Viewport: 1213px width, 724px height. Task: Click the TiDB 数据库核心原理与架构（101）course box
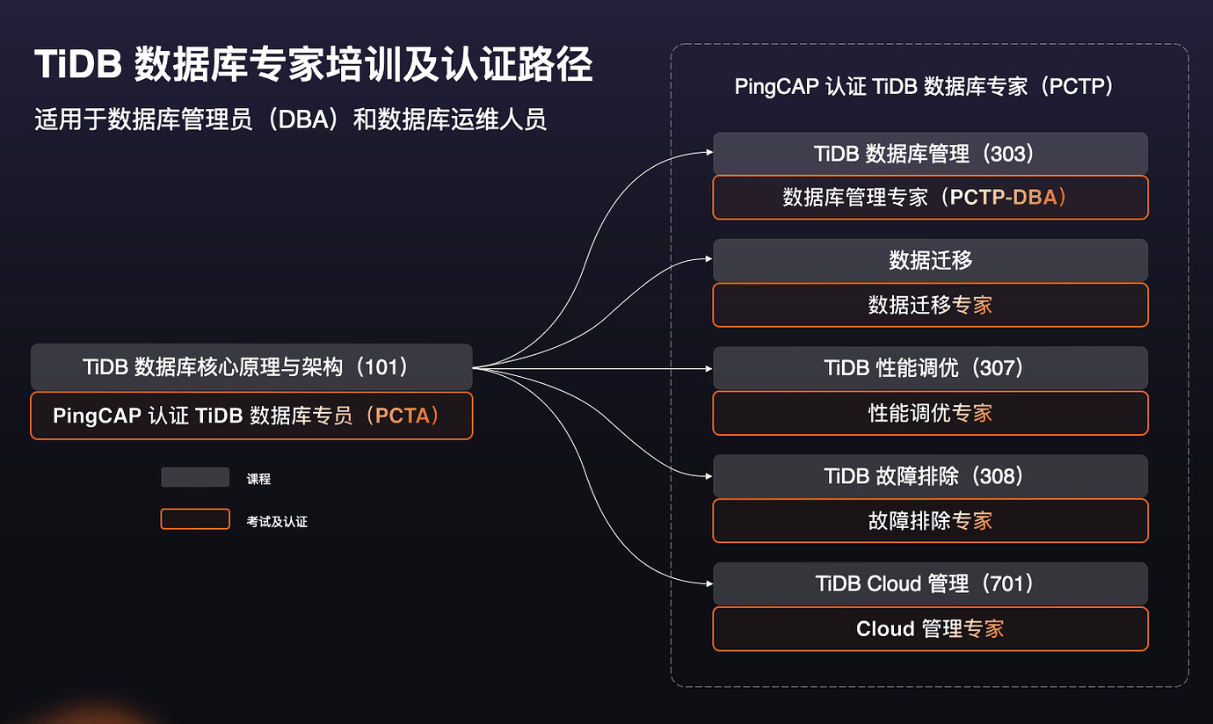(x=251, y=366)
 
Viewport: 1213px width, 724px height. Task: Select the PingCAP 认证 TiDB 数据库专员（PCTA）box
(x=251, y=416)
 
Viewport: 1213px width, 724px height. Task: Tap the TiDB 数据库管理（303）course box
(x=930, y=154)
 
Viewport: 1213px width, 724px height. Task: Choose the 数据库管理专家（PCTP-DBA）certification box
(x=930, y=198)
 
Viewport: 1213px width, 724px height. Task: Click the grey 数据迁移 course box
(x=930, y=261)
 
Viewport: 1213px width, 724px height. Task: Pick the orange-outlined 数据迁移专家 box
(x=930, y=305)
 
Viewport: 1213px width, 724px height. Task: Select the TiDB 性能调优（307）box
(x=930, y=368)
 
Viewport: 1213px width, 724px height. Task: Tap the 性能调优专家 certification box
(x=930, y=413)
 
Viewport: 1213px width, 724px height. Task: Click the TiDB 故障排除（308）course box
(x=930, y=476)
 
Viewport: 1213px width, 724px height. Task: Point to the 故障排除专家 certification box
(x=930, y=521)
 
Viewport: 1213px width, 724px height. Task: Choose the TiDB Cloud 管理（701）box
(x=930, y=584)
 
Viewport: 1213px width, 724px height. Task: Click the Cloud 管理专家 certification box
(x=930, y=629)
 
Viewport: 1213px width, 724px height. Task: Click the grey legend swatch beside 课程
(x=195, y=477)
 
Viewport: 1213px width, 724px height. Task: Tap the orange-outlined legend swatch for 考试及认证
(x=195, y=519)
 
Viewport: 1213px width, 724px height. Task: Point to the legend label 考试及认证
(x=277, y=522)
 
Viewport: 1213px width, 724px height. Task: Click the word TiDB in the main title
(x=77, y=66)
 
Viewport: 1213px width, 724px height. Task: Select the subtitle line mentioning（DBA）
(x=290, y=119)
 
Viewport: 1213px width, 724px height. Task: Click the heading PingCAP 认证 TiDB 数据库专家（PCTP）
(x=925, y=87)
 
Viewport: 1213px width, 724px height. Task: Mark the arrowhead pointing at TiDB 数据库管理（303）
(x=708, y=152)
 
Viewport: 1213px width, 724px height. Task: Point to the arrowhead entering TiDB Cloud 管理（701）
(x=708, y=583)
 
